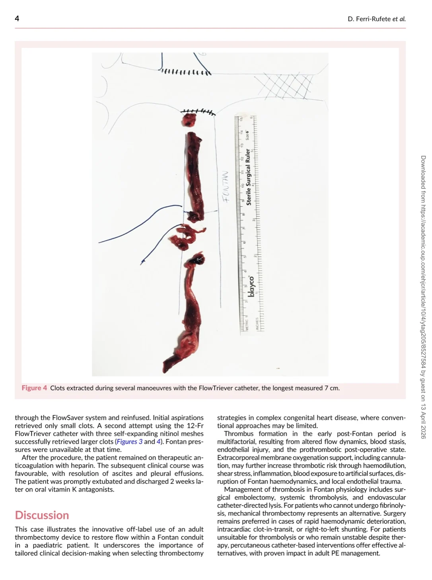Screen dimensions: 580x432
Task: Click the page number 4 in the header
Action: coord(17,18)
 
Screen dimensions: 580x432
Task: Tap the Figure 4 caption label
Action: coord(34,388)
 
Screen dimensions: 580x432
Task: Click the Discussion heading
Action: coord(42,515)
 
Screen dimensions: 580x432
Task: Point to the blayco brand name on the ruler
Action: coord(251,286)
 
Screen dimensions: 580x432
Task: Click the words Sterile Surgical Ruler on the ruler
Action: coord(248,177)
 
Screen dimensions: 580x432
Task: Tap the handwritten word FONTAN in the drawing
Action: coord(226,187)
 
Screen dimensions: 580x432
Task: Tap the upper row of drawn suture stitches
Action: coord(185,72)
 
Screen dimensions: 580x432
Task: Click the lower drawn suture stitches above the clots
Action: coord(198,111)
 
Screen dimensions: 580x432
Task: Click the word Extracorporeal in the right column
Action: coord(239,457)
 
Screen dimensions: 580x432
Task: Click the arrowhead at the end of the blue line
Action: coord(142,262)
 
